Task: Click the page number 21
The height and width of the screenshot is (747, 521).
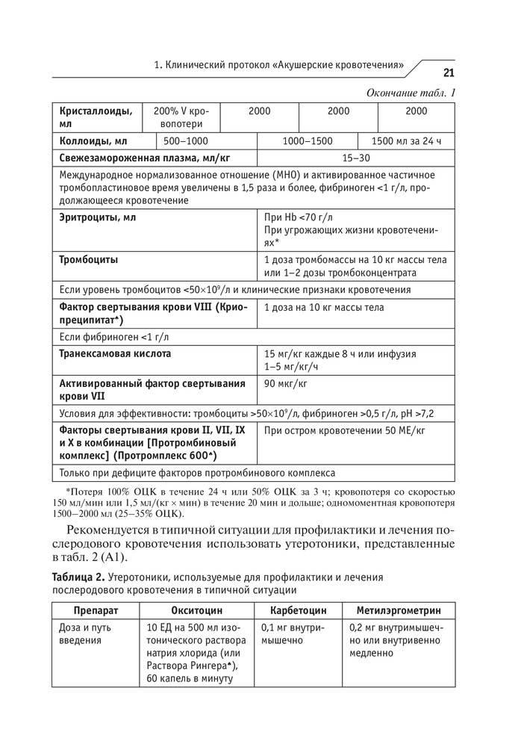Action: coord(449,72)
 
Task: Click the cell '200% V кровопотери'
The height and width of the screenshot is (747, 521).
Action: coord(182,117)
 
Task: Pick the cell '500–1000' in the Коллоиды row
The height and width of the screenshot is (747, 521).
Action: coord(186,141)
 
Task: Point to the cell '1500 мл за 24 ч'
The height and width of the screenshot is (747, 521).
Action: coord(407,141)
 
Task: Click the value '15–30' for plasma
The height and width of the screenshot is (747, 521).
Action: coord(355,158)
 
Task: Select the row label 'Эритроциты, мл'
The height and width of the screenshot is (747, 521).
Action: coord(98,217)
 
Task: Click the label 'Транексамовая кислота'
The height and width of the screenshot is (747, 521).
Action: coord(115,353)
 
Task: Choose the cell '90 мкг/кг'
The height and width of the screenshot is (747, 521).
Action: coord(286,384)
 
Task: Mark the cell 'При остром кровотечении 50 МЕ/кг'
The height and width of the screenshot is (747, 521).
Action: coord(345,432)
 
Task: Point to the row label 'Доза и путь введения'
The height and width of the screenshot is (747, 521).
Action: coord(84,633)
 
